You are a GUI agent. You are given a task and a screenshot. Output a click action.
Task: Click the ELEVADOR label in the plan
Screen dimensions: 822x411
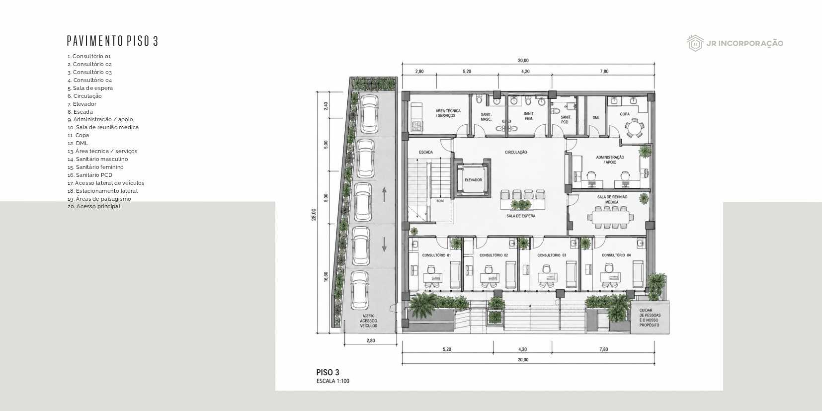(473, 180)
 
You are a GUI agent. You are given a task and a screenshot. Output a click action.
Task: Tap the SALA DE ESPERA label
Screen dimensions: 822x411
(521, 216)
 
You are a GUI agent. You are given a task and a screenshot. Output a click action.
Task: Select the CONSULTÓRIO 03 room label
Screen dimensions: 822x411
(552, 255)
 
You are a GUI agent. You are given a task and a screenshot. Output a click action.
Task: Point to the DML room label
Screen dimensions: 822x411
(596, 118)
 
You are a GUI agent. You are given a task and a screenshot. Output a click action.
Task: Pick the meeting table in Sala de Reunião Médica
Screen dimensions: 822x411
(610, 217)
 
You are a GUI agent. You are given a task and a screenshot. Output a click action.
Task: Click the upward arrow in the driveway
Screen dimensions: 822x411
(384, 195)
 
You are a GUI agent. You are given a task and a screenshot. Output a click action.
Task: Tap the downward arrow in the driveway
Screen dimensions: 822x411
(384, 245)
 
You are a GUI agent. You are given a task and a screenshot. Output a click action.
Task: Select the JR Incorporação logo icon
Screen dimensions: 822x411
(695, 43)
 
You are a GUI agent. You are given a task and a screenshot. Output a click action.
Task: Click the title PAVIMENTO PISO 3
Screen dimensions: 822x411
(112, 41)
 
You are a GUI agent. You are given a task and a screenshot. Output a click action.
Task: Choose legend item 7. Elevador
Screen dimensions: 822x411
(82, 104)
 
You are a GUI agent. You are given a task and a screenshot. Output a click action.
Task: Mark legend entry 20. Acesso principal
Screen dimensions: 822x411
(94, 206)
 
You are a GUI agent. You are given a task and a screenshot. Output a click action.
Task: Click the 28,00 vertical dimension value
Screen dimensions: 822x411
(314, 214)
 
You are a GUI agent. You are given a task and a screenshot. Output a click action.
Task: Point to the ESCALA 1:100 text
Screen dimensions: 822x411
(333, 381)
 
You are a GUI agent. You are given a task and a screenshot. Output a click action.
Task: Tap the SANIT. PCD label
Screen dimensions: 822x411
(566, 120)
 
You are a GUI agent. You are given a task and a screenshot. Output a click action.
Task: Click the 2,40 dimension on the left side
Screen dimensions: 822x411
(326, 106)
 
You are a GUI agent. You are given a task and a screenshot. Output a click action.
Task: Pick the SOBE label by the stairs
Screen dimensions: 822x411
(440, 201)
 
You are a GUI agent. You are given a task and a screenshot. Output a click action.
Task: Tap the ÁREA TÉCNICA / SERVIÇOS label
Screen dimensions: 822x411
(448, 113)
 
